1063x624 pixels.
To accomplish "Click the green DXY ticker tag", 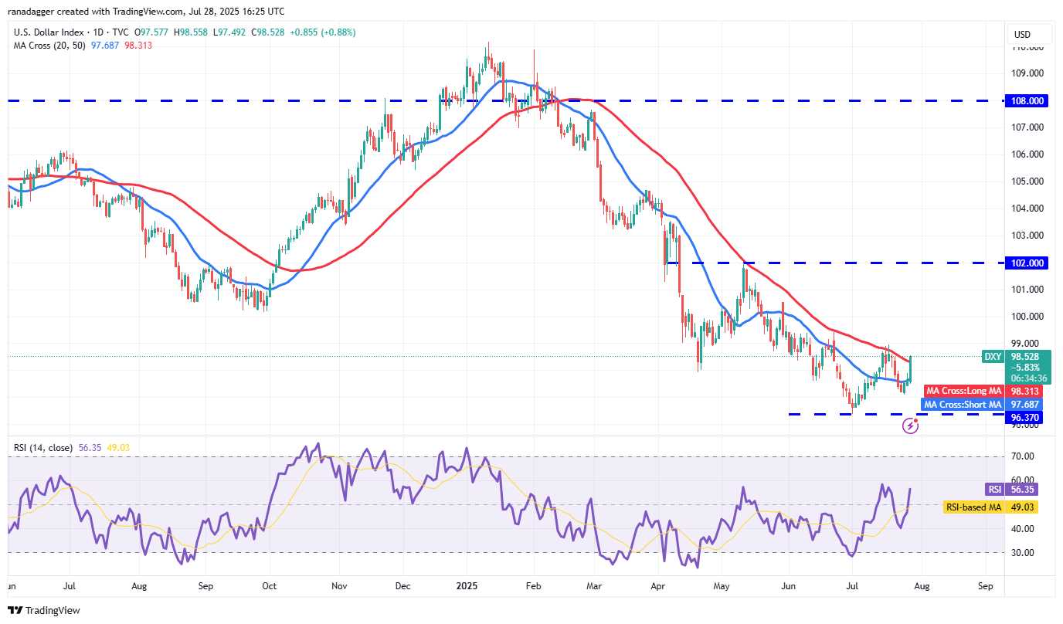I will (x=993, y=357).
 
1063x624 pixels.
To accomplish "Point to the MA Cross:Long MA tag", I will (x=963, y=392).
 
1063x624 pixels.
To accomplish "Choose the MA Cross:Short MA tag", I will (x=963, y=405).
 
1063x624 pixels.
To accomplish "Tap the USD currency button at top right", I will (x=1022, y=35).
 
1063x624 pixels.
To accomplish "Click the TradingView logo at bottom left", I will (x=46, y=610).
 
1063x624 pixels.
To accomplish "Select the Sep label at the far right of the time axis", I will (x=984, y=586).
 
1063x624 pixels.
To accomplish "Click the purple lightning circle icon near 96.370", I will (x=910, y=426).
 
